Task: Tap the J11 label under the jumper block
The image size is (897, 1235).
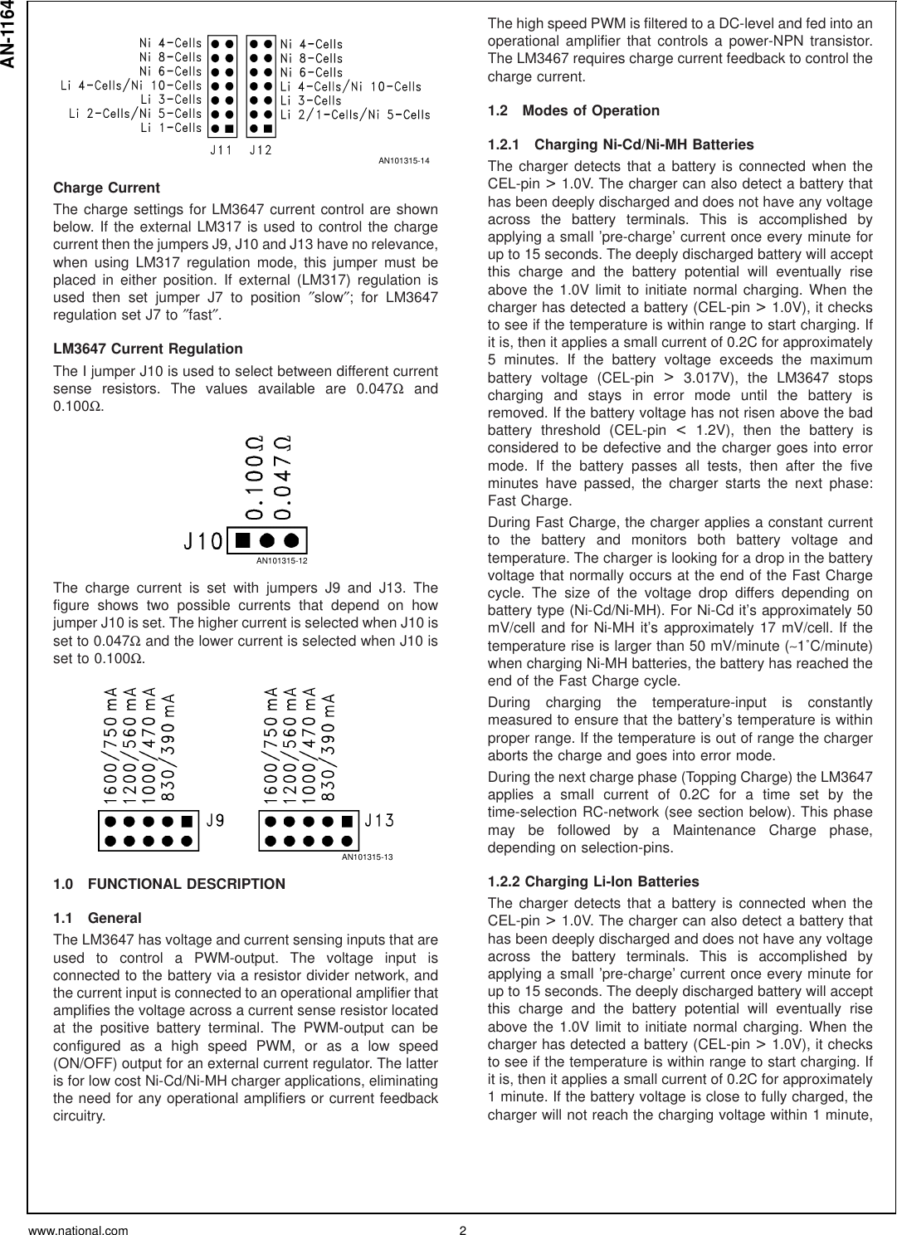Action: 221,151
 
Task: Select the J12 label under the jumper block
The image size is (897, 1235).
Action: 261,151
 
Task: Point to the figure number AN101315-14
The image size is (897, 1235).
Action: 407,159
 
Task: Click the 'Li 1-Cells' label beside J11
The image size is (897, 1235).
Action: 170,128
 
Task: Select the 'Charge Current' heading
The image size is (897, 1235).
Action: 106,188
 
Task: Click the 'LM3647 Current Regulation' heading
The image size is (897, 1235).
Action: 148,349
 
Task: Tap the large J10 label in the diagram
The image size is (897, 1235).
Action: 202,541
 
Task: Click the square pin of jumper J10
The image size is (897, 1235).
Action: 242,540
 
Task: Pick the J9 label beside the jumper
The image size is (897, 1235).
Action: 215,821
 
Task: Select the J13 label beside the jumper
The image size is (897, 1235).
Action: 379,821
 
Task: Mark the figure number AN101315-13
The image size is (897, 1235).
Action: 367,857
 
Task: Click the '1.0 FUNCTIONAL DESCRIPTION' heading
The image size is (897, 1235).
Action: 168,884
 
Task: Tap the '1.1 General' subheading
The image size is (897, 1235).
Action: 97,918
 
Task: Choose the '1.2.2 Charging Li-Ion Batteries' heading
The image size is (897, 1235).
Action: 593,881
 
